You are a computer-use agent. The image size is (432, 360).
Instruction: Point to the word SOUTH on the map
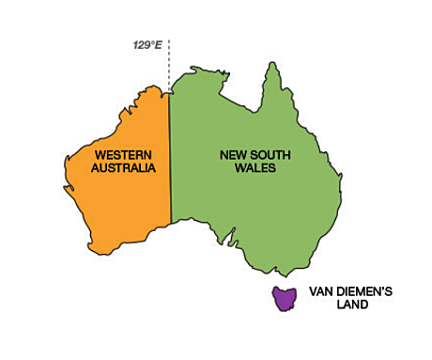pos(270,154)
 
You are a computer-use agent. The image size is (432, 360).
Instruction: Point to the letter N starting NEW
pos(224,154)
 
